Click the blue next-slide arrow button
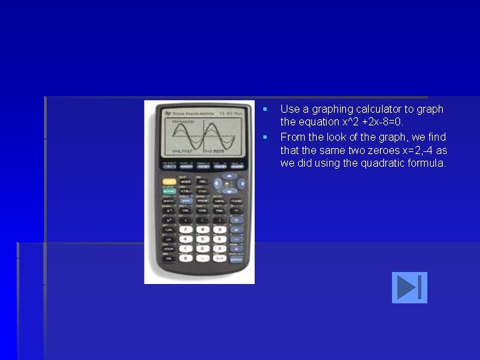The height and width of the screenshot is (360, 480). pos(409,287)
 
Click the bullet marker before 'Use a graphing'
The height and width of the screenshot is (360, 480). pos(265,109)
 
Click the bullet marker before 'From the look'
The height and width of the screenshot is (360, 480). pos(265,137)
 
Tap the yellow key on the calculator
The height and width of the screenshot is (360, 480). pos(169,181)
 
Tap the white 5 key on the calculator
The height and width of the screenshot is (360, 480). pos(202,239)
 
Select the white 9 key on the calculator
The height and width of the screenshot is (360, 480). pos(219,229)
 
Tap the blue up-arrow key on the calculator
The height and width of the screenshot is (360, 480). pos(228,177)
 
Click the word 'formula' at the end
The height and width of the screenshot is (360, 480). pos(427,163)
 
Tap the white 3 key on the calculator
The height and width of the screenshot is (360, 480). pos(219,248)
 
